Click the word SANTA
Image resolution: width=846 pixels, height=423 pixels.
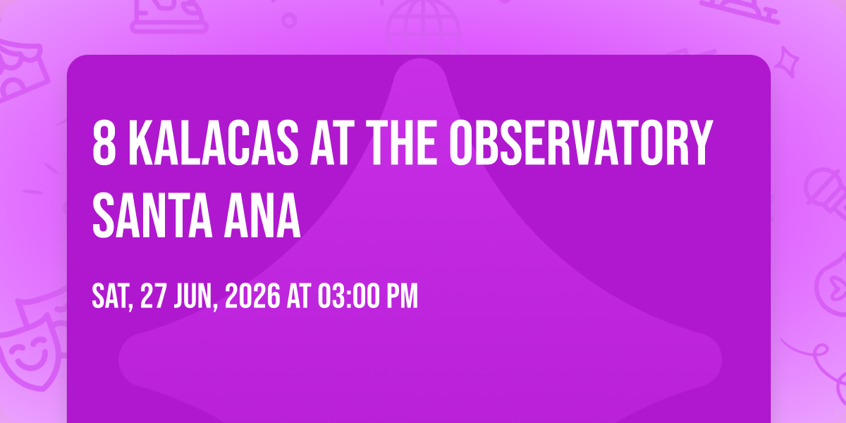[x=152, y=215]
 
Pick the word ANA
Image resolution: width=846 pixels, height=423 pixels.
[x=262, y=215]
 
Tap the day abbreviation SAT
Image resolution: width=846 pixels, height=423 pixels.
[x=113, y=297]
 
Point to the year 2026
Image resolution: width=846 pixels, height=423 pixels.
[x=252, y=297]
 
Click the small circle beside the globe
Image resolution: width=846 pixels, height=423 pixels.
[x=289, y=20]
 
